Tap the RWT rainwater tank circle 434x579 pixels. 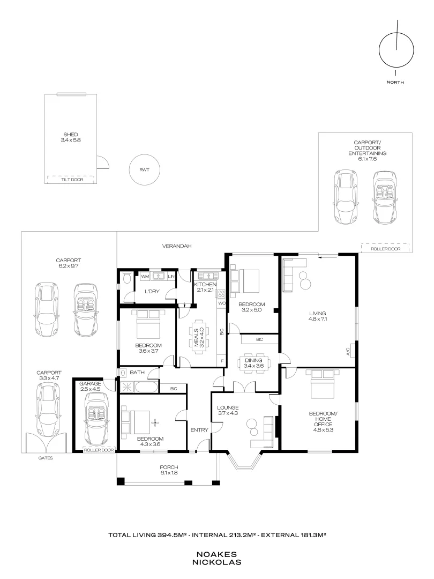pos(144,170)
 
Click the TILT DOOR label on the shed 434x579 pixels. pos(70,180)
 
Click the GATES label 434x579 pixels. pos(46,459)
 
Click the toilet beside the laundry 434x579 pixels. pos(125,278)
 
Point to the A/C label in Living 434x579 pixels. pos(348,352)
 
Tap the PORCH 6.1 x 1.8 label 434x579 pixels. pos(169,470)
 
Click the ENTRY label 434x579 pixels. pos(199,429)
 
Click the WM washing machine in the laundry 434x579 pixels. pos(145,276)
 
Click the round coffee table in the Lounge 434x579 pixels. pos(252,427)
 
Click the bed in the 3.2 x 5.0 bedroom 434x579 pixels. pos(246,279)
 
